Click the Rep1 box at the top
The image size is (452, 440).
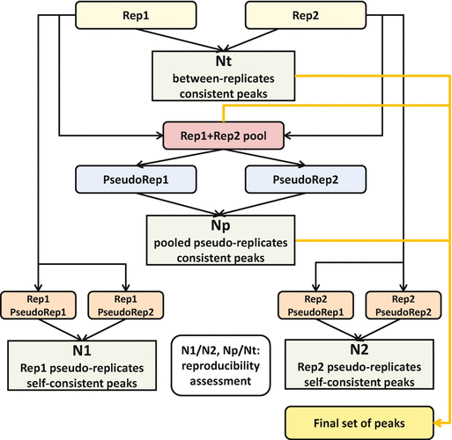[x=136, y=15]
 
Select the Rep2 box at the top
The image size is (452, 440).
[x=306, y=15]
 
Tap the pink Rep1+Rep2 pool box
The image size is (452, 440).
[x=224, y=136]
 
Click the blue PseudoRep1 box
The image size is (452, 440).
[x=136, y=180]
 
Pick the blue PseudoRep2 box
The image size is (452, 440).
[x=306, y=180]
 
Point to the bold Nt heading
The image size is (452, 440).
[x=224, y=61]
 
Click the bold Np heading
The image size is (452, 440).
[x=220, y=225]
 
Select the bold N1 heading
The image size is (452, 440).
[x=82, y=350]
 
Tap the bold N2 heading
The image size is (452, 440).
[x=359, y=349]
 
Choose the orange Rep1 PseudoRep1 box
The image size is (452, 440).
[x=38, y=305]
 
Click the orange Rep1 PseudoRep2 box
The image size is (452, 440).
[x=126, y=305]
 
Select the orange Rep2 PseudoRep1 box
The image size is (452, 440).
[x=315, y=305]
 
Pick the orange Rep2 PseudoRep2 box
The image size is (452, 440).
[x=404, y=305]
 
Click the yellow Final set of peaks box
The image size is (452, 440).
[x=359, y=423]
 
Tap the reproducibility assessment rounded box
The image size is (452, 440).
[x=220, y=365]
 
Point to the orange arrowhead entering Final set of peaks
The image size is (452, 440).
[x=437, y=423]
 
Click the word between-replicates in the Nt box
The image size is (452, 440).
[x=224, y=78]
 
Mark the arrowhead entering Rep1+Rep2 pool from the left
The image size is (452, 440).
[x=160, y=136]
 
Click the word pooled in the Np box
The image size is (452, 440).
[x=173, y=243]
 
